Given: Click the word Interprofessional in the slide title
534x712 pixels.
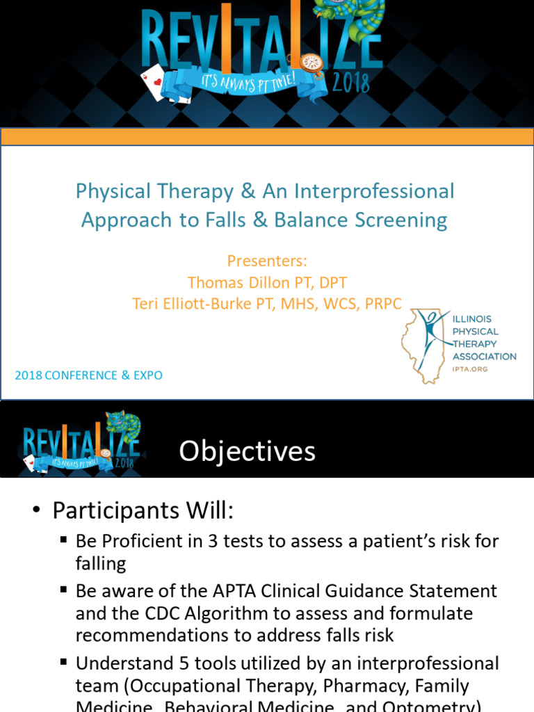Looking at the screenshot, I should point(374,191).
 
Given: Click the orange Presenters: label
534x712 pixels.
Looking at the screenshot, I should point(267,261).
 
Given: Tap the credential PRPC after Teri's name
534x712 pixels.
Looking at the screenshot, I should point(382,304).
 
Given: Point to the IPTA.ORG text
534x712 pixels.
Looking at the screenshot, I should point(470,369).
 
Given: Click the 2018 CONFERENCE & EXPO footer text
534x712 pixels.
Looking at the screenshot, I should point(89,375).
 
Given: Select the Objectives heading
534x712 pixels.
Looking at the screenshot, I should point(247,451).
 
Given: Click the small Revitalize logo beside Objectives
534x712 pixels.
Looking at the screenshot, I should point(82,444).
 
